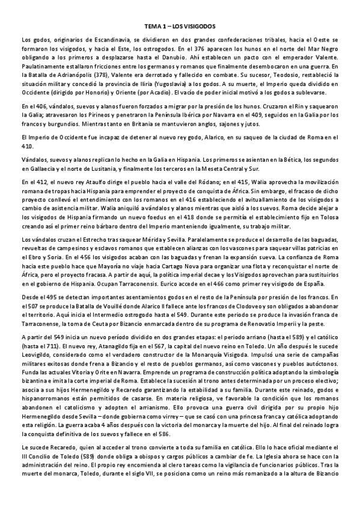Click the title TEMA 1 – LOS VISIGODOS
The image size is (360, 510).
[180, 27]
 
